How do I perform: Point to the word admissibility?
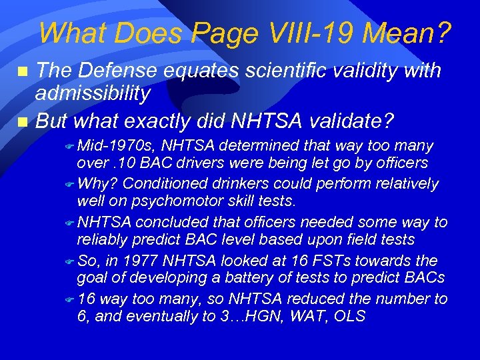[93, 94]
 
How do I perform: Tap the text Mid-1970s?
[117, 146]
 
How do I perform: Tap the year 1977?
[147, 261]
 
